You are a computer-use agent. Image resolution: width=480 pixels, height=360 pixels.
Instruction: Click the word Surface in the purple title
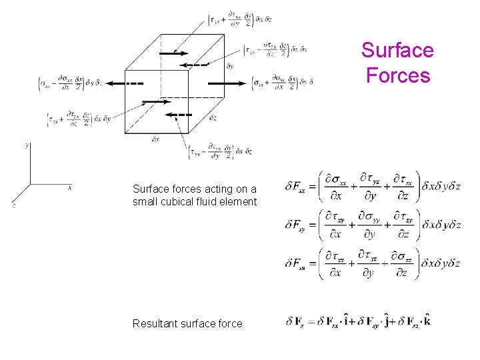397,51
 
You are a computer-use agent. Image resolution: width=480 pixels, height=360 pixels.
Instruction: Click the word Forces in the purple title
397,75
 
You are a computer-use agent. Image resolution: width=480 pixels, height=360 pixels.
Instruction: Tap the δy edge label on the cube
230,66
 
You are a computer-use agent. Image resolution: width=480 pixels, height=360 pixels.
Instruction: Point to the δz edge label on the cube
213,118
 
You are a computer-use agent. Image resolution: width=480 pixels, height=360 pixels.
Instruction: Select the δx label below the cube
155,139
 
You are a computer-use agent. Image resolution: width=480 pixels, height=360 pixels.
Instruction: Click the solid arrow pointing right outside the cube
227,83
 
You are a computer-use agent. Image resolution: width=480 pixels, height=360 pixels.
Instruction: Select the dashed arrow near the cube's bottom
179,115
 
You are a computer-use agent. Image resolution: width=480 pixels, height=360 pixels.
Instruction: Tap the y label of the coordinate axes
26,145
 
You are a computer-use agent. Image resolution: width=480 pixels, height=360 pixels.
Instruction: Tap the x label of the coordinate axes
70,187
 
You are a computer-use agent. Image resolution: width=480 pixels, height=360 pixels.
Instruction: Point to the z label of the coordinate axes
13,205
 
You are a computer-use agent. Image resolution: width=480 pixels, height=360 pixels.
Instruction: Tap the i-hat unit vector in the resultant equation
348,323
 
